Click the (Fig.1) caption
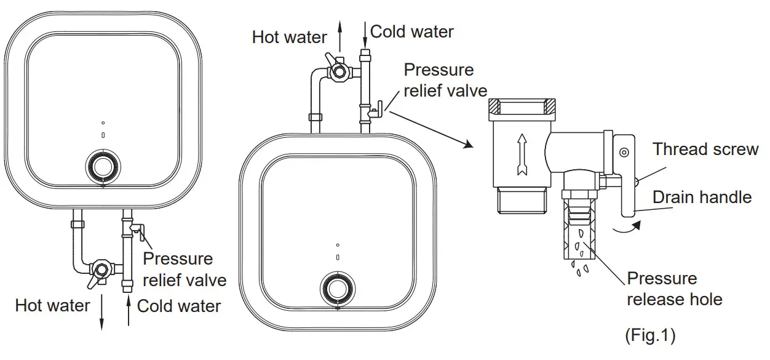pyautogui.click(x=649, y=335)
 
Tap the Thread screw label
pyautogui.click(x=705, y=150)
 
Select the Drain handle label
pyautogui.click(x=702, y=198)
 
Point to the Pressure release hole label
pyautogui.click(x=673, y=289)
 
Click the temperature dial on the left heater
pyautogui.click(x=102, y=166)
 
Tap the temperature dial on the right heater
pyautogui.click(x=337, y=287)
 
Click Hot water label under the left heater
pyautogui.click(x=52, y=305)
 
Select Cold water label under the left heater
pyautogui.click(x=178, y=306)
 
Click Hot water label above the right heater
pyautogui.click(x=289, y=37)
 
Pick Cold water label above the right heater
pyautogui.click(x=411, y=31)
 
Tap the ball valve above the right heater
pyautogui.click(x=337, y=71)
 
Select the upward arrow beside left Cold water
pyautogui.click(x=128, y=311)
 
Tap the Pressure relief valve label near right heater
pyautogui.click(x=439, y=81)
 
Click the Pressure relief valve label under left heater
pyautogui.click(x=184, y=270)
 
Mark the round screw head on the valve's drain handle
pyautogui.click(x=623, y=151)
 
